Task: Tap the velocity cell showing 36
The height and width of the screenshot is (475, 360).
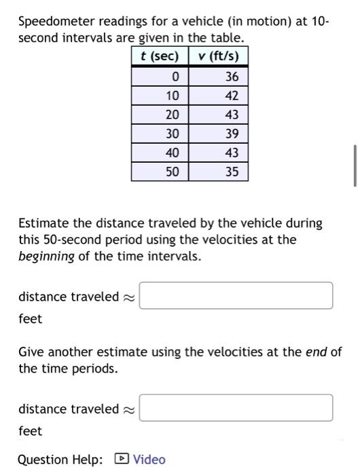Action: pos(232,77)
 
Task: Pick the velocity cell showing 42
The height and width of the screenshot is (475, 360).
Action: pos(232,96)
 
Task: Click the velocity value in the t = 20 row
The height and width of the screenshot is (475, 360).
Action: pos(232,115)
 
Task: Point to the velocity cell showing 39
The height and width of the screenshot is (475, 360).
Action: pos(232,134)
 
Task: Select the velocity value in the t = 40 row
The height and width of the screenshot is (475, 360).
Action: pos(232,153)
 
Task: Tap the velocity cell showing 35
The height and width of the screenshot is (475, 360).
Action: pos(232,172)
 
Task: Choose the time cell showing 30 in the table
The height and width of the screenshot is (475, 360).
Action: pos(173,134)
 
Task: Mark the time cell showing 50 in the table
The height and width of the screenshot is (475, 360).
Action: pos(173,172)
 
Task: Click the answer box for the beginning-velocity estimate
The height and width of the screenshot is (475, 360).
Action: pos(236,296)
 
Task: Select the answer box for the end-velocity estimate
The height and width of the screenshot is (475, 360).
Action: pos(236,408)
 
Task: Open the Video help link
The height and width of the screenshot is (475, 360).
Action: pos(149,459)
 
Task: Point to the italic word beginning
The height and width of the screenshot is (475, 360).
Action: pos(46,256)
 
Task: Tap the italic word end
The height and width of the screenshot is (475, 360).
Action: pos(319,352)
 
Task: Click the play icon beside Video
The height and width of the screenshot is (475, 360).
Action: pos(122,459)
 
